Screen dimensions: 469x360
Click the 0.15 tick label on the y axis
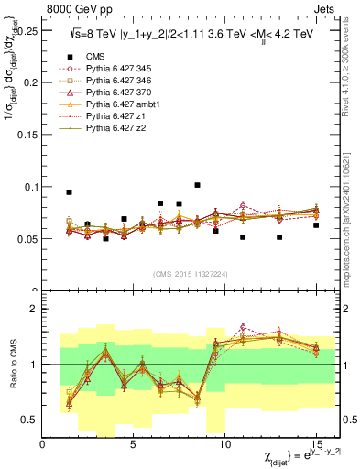point(27,135)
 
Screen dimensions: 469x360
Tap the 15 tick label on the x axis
point(316,444)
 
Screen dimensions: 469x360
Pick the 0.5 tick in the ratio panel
point(31,420)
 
